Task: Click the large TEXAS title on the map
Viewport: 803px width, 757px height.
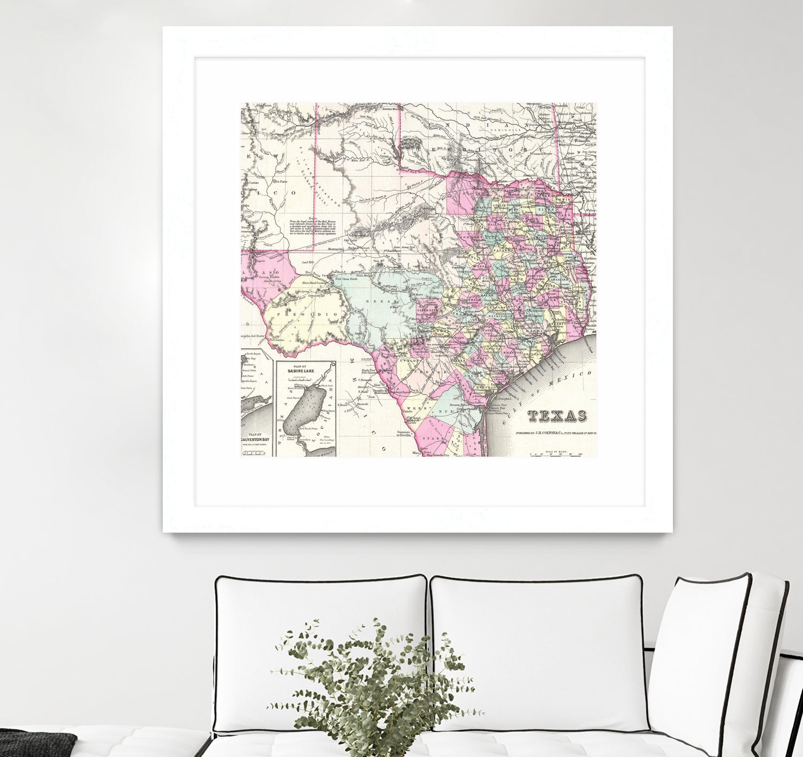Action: tap(557, 416)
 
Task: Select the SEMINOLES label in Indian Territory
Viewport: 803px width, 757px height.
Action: tap(507, 130)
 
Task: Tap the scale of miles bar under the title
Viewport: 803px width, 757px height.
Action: tap(557, 455)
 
